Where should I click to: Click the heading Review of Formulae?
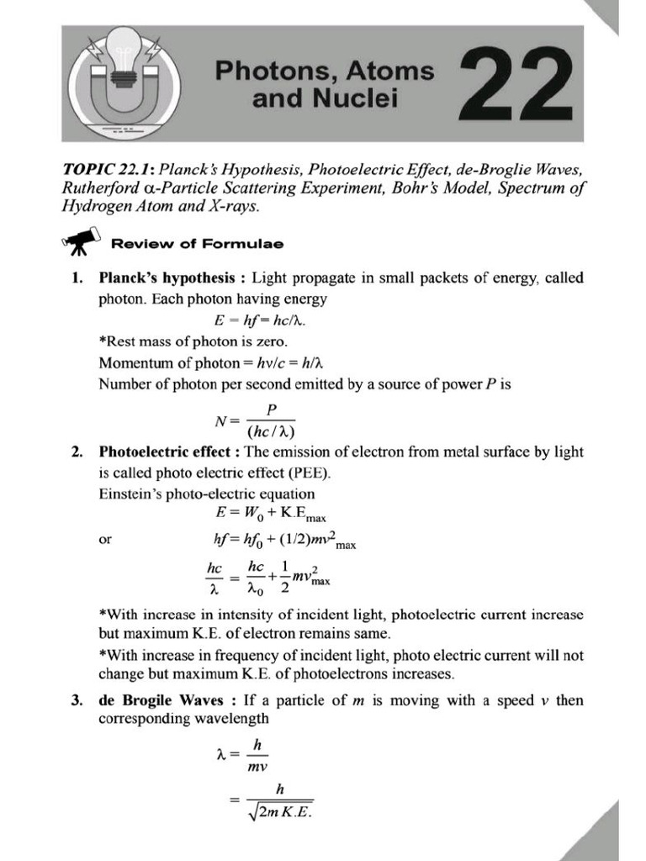198,244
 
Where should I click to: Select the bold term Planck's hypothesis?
165,277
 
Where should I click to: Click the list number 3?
77,700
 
